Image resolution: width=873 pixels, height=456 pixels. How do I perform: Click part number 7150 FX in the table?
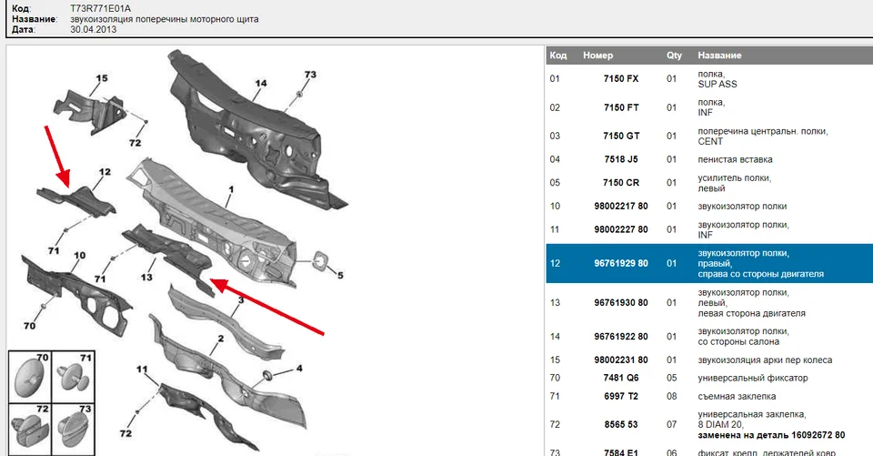tap(621, 78)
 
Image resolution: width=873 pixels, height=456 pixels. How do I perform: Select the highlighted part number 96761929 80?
tap(621, 263)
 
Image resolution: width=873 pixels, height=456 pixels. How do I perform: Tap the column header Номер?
tap(597, 56)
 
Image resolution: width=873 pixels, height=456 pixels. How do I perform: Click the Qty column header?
tap(674, 56)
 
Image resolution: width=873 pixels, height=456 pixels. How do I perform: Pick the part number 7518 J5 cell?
tap(621, 159)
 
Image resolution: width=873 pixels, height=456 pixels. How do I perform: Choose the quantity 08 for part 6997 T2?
tap(672, 397)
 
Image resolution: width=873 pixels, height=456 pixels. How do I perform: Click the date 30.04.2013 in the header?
tap(94, 29)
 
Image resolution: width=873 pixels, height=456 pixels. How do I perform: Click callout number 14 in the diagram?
tap(260, 84)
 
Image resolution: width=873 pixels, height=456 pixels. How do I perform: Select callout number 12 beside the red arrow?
tap(105, 172)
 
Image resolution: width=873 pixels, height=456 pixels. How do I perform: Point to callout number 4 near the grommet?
tap(298, 368)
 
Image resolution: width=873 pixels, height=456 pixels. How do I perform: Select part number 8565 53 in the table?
tap(621, 423)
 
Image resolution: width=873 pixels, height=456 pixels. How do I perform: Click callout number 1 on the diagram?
tap(230, 188)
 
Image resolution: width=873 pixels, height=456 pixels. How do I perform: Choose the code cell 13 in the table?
tap(555, 302)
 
